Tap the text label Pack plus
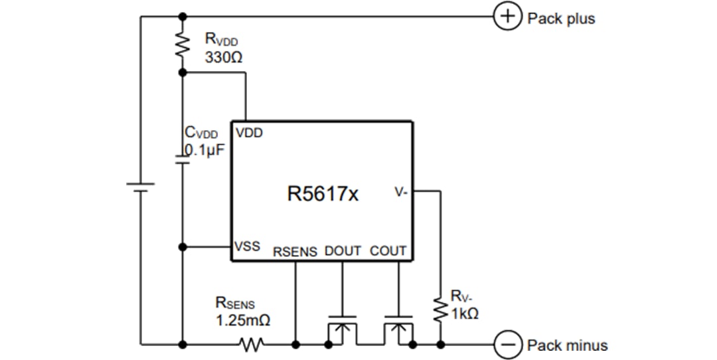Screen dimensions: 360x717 pyautogui.click(x=561, y=19)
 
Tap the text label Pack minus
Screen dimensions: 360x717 pyautogui.click(x=567, y=345)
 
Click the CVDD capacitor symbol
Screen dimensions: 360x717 pyautogui.click(x=182, y=159)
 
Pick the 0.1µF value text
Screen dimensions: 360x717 pyautogui.click(x=206, y=150)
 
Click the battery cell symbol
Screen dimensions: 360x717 pyautogui.click(x=140, y=187)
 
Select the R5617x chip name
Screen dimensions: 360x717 pyautogui.click(x=323, y=195)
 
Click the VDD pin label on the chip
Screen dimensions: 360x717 pyautogui.click(x=249, y=133)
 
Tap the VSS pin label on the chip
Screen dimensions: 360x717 pyautogui.click(x=248, y=246)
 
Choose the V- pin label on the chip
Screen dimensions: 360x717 pyautogui.click(x=402, y=192)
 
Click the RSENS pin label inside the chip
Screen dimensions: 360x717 pyautogui.click(x=295, y=252)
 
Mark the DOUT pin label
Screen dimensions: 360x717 pyautogui.click(x=343, y=252)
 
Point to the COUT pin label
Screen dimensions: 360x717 pyautogui.click(x=388, y=252)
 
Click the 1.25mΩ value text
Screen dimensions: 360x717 pyautogui.click(x=242, y=321)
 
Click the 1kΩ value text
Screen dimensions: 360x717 pyautogui.click(x=465, y=314)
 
